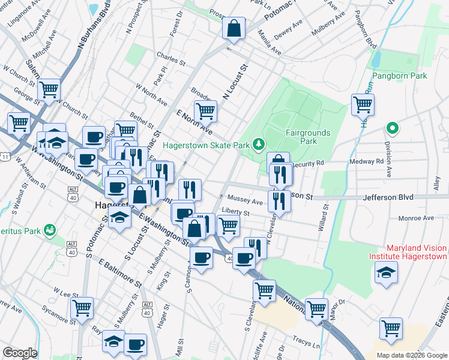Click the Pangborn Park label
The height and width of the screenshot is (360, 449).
click(x=399, y=76)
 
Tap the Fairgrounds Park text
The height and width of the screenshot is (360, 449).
click(x=300, y=137)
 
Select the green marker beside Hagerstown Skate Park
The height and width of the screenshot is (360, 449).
click(x=258, y=143)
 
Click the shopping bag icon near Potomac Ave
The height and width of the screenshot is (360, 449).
click(x=234, y=28)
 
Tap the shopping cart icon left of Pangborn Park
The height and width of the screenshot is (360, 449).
click(x=363, y=104)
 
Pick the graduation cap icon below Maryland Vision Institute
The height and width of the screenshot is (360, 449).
click(x=386, y=273)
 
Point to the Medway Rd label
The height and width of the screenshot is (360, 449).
click(x=372, y=161)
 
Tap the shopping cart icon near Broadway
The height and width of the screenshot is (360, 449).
click(x=205, y=110)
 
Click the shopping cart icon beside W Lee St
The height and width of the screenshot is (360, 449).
click(x=82, y=308)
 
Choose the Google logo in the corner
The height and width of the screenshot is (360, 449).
click(x=20, y=353)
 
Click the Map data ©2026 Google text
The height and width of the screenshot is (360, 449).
click(x=411, y=355)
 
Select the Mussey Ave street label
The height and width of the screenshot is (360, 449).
click(x=244, y=202)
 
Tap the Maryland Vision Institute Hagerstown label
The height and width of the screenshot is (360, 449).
click(x=416, y=252)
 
